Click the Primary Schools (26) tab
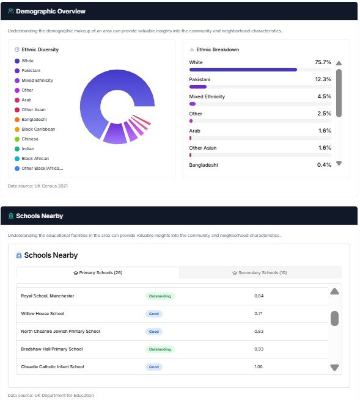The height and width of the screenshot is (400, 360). click(x=98, y=272)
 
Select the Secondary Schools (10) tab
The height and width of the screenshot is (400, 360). click(x=260, y=272)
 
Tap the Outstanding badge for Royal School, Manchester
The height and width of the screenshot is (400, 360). click(x=160, y=296)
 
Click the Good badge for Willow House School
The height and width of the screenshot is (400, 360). click(x=154, y=314)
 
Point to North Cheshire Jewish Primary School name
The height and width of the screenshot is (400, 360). click(x=61, y=332)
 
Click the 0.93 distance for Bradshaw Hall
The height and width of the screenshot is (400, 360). click(x=259, y=349)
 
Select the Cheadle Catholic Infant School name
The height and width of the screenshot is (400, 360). click(x=53, y=367)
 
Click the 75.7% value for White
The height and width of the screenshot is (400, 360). click(x=323, y=62)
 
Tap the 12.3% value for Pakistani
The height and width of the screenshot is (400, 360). click(x=323, y=79)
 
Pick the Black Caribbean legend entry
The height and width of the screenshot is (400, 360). click(x=38, y=129)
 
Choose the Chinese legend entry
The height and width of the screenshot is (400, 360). click(x=31, y=139)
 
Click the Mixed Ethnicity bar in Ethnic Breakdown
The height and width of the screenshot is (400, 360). click(x=193, y=104)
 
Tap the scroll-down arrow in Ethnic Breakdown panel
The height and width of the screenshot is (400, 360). click(x=339, y=164)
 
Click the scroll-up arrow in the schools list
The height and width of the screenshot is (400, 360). click(x=334, y=291)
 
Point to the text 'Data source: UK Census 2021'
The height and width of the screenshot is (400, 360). click(x=38, y=186)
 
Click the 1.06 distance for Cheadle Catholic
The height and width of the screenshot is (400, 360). click(x=259, y=367)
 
